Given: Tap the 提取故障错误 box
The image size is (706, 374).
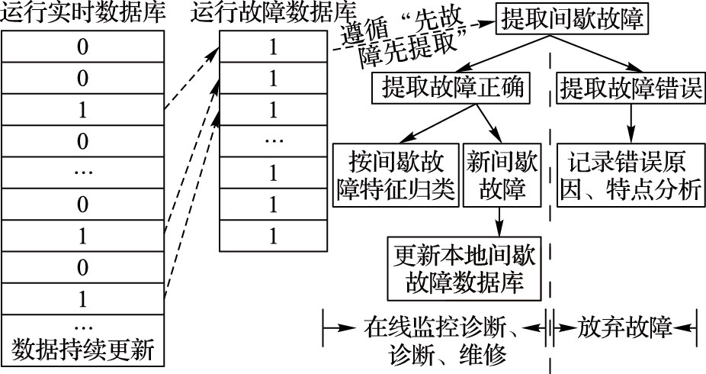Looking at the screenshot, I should click(x=631, y=88).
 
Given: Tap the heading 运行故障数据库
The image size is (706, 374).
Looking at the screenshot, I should click(x=273, y=13).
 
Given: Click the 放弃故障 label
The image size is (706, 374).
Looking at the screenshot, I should click(x=624, y=329).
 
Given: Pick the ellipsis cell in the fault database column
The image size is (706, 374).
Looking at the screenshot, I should click(x=272, y=141).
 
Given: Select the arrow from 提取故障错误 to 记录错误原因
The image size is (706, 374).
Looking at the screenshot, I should click(x=631, y=121).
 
